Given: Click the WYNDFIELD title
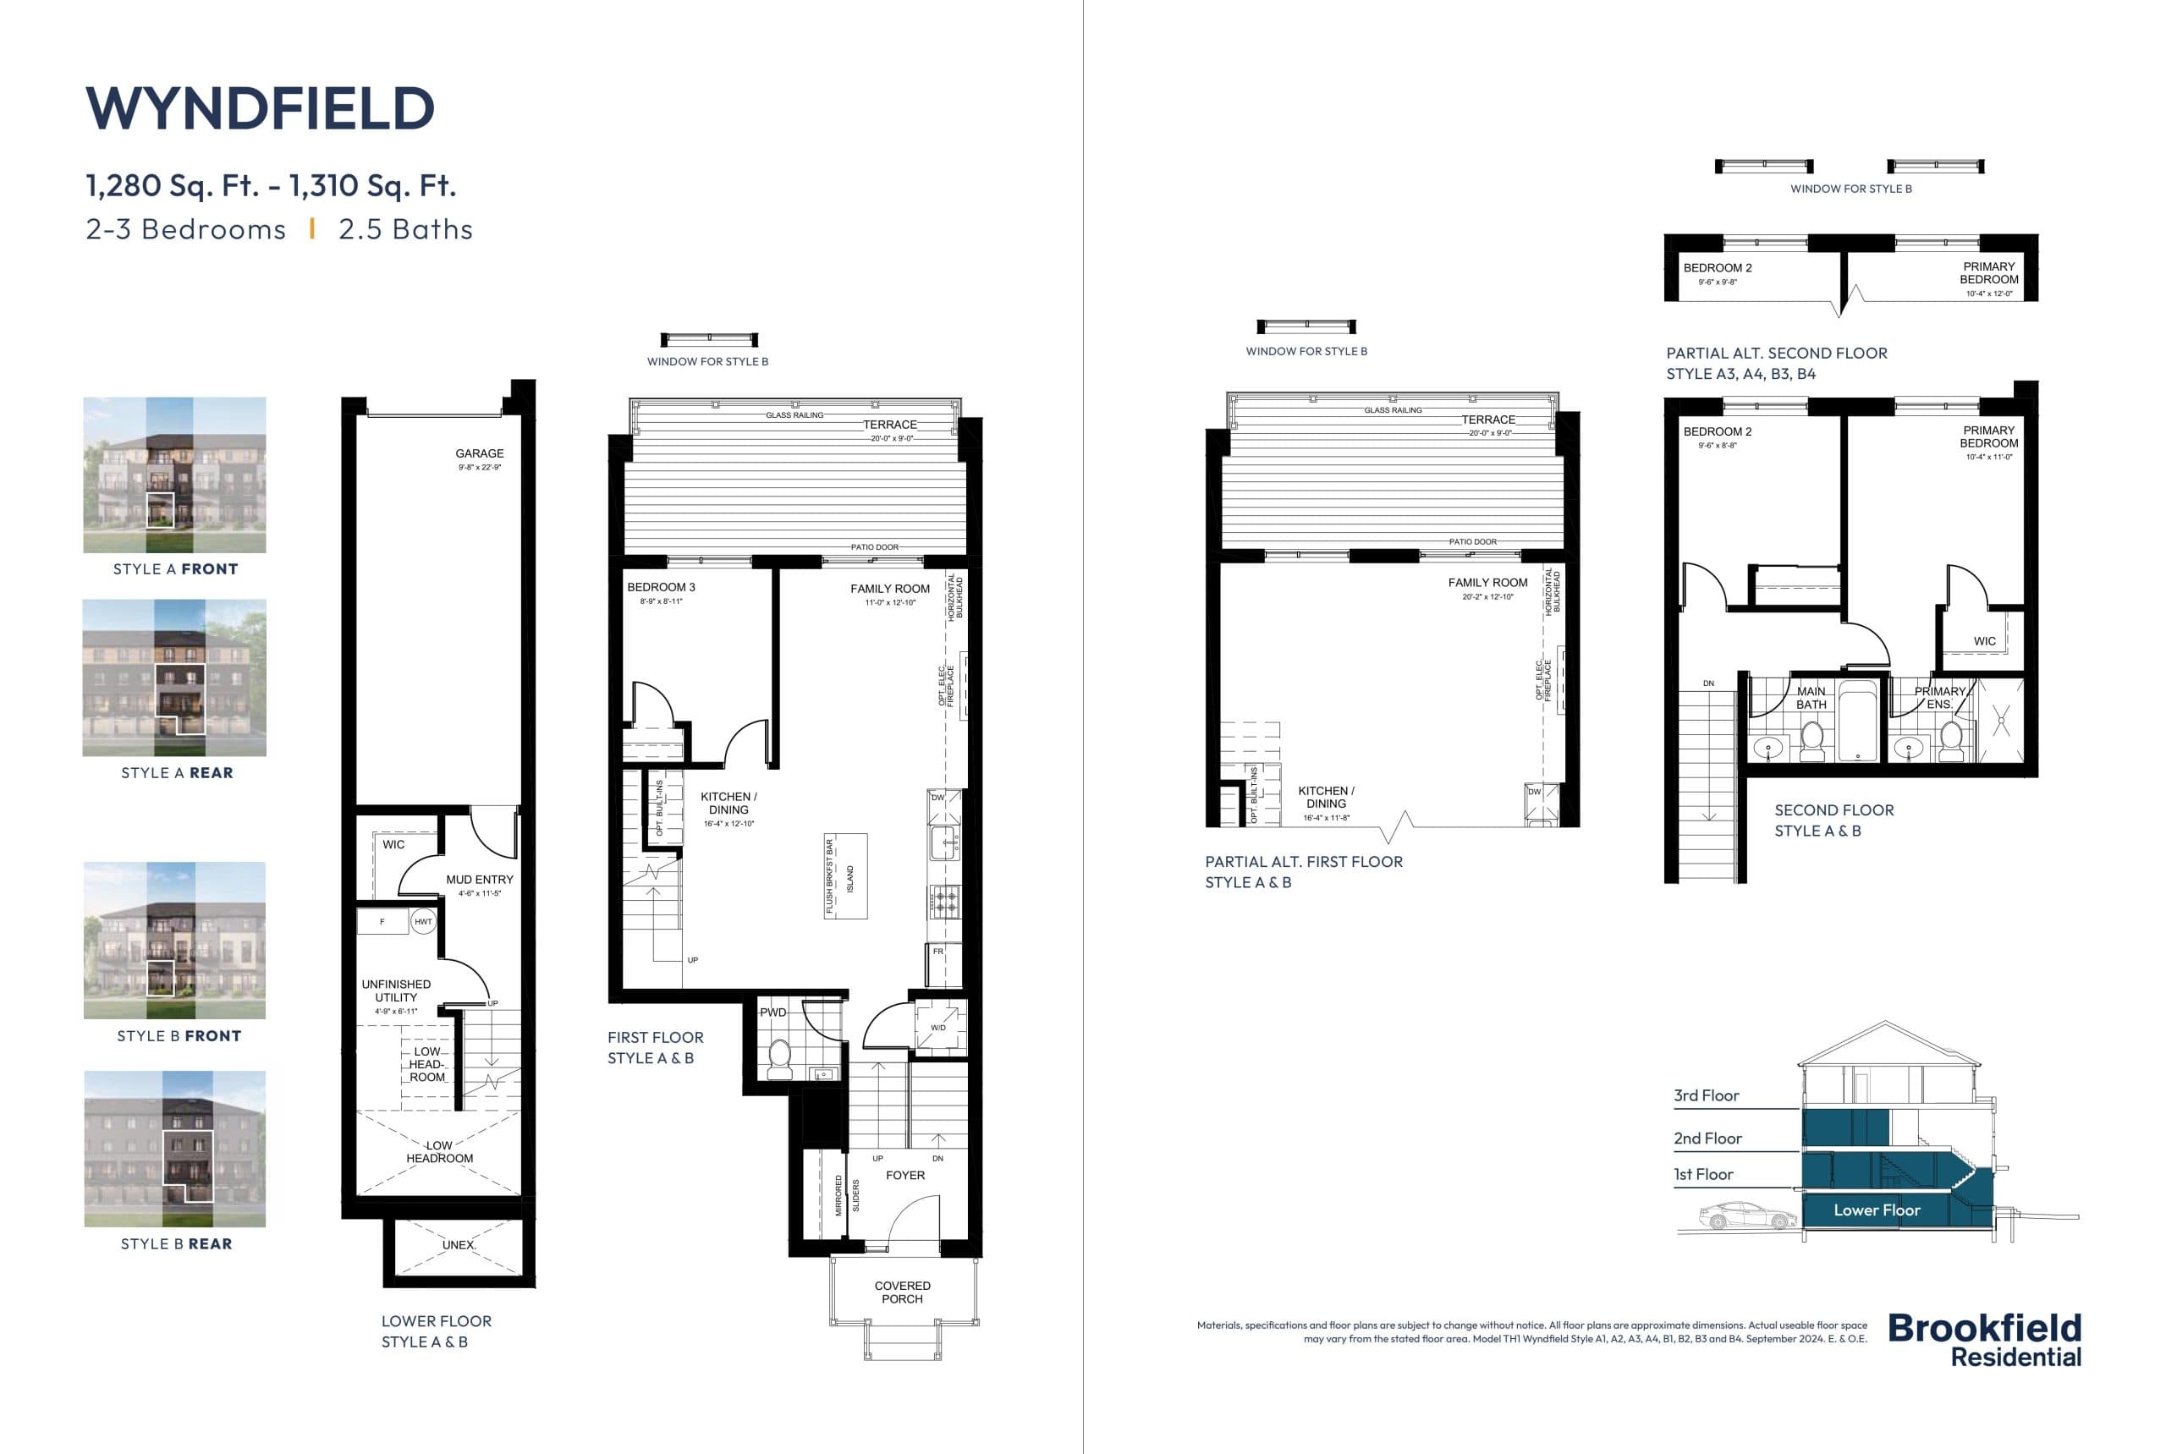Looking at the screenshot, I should pos(260,108).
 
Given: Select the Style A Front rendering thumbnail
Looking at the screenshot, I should pos(174,475).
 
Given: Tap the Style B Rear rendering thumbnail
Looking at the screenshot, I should pos(174,1149).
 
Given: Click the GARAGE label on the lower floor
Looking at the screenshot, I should pos(480,454).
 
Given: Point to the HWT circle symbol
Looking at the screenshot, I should pos(423,922).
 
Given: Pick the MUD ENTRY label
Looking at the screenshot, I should pos(479,880).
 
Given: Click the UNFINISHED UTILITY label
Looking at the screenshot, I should pos(396,990).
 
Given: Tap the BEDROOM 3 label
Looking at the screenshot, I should pos(661,587).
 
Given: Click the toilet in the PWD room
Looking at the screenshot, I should pos(779,1058).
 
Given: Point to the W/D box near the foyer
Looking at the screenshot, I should pos(939,1027).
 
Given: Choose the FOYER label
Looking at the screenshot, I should pos(904,1175).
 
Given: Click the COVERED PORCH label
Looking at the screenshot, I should pos(902,1292).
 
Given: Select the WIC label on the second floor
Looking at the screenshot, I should pos(1984,641).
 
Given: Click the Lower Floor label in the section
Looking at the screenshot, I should pos(1877,1210).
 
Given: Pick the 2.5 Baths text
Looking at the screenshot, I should pos(405,230).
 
